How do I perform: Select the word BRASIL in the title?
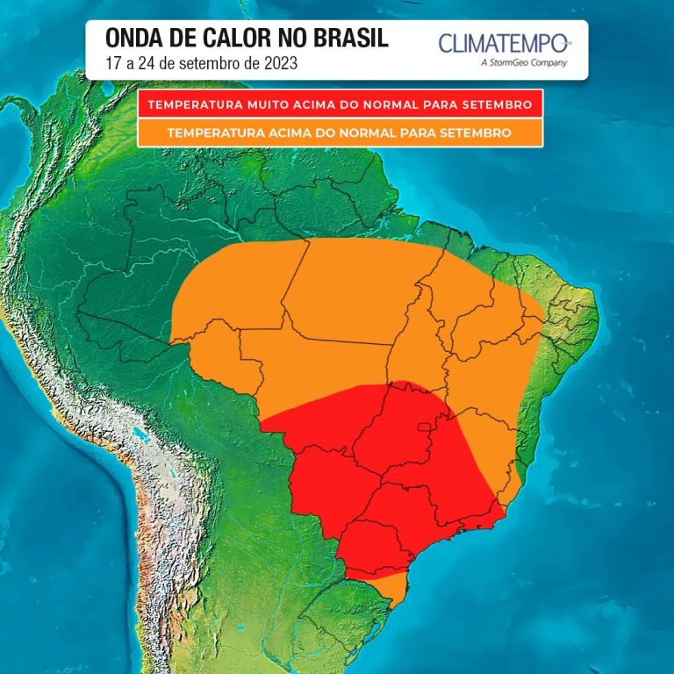point(352,39)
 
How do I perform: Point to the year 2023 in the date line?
point(278,63)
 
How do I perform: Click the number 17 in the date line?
point(111,63)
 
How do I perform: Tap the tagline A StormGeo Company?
point(525,62)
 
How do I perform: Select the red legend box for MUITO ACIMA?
point(341,104)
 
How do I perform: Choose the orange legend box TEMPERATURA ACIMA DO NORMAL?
point(341,133)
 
